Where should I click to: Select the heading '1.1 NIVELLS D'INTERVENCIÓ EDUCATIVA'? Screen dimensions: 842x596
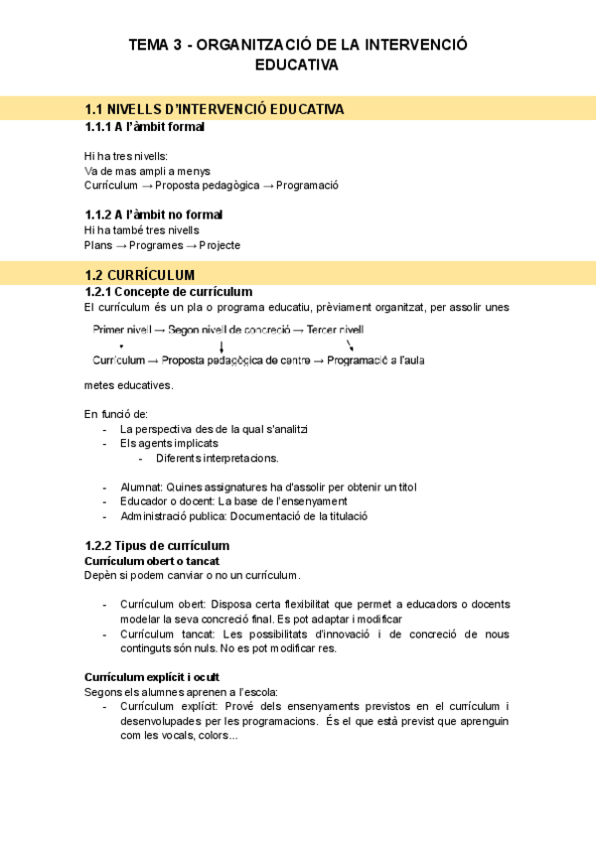click(x=215, y=108)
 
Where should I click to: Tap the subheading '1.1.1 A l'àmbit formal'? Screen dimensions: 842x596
click(x=145, y=127)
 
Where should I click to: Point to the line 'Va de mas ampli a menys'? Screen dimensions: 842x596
click(x=147, y=171)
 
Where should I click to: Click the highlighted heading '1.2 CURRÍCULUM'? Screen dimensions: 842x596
click(x=140, y=274)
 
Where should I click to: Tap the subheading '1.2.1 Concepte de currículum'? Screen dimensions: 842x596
click(x=169, y=292)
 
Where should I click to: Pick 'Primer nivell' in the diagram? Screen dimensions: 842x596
click(x=122, y=330)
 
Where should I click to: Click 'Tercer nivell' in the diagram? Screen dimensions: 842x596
click(x=335, y=330)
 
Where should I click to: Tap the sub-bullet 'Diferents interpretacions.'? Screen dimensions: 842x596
click(x=218, y=458)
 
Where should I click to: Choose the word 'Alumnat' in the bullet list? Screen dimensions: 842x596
click(x=140, y=488)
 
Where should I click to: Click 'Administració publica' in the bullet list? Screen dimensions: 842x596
click(x=176, y=516)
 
